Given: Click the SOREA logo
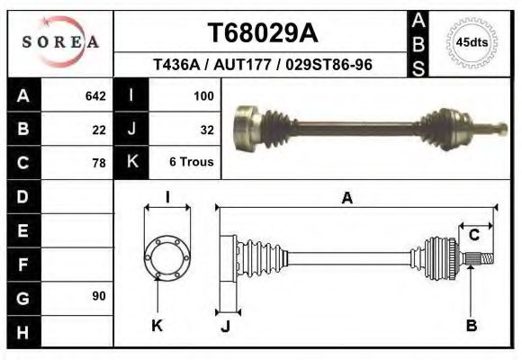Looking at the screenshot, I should coord(60,41).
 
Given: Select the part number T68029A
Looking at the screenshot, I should coord(263,33).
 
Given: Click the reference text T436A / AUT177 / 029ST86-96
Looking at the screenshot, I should coord(263,65).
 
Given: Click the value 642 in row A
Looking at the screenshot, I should coord(94,95).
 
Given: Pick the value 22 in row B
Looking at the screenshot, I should coord(99,129).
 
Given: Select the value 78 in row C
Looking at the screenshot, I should coord(99,163).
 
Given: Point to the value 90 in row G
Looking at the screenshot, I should coord(99,296).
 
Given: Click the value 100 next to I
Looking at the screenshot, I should coord(203,95).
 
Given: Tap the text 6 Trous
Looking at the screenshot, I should coord(191,162).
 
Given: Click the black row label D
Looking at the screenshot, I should coord(22,196).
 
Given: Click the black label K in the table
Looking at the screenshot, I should coord(131,162).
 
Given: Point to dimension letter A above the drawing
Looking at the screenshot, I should coord(346,198).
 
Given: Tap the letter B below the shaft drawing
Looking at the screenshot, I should coord(471,326).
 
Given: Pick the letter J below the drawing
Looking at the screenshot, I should coord(225,326).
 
